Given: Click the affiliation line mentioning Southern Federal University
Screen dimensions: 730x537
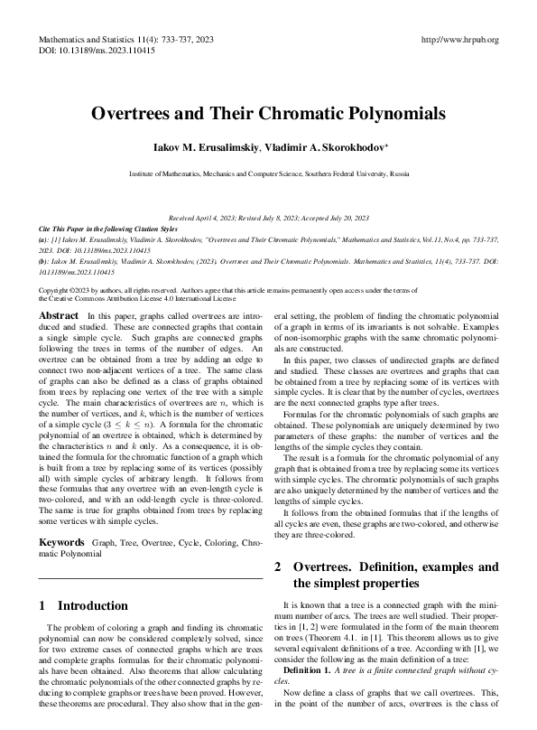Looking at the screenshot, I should (268, 172).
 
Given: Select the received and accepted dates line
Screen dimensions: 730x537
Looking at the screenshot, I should (268, 219).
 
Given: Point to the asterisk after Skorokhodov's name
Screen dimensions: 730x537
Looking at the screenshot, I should (387, 143).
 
